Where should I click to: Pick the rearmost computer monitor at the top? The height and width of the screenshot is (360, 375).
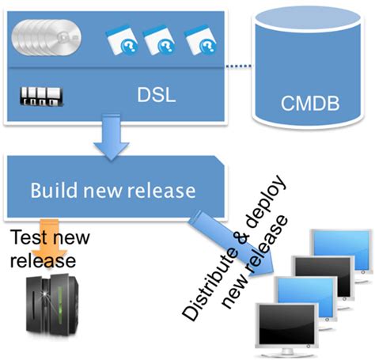point(341,249)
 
